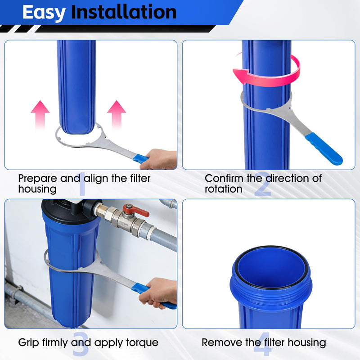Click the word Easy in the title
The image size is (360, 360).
(x=44, y=13)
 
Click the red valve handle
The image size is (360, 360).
(x=135, y=210)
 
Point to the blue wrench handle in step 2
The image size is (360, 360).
(x=324, y=149)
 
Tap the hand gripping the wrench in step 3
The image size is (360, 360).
(x=158, y=292)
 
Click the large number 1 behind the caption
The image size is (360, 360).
(x=82, y=184)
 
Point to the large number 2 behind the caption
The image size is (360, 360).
(x=263, y=184)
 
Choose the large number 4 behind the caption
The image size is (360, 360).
(x=263, y=344)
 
